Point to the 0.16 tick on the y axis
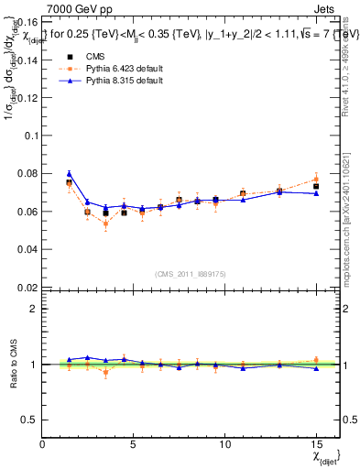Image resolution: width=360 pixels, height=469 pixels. pyautogui.click(x=26, y=20)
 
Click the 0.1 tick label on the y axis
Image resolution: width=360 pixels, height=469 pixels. pyautogui.click(x=29, y=135)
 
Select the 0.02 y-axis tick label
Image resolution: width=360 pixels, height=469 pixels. pyautogui.click(x=26, y=288)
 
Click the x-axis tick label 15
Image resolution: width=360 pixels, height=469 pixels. pyautogui.click(x=315, y=444)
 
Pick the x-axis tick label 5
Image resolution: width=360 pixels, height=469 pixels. pyautogui.click(x=134, y=444)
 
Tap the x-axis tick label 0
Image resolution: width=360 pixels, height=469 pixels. pyautogui.click(x=42, y=444)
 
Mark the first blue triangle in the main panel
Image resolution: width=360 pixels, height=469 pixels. pyautogui.click(x=70, y=173)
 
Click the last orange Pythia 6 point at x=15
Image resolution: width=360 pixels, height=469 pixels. pyautogui.click(x=315, y=179)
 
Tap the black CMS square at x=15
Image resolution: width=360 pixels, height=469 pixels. pyautogui.click(x=315, y=187)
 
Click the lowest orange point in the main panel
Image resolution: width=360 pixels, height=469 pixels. pyautogui.click(x=105, y=224)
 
